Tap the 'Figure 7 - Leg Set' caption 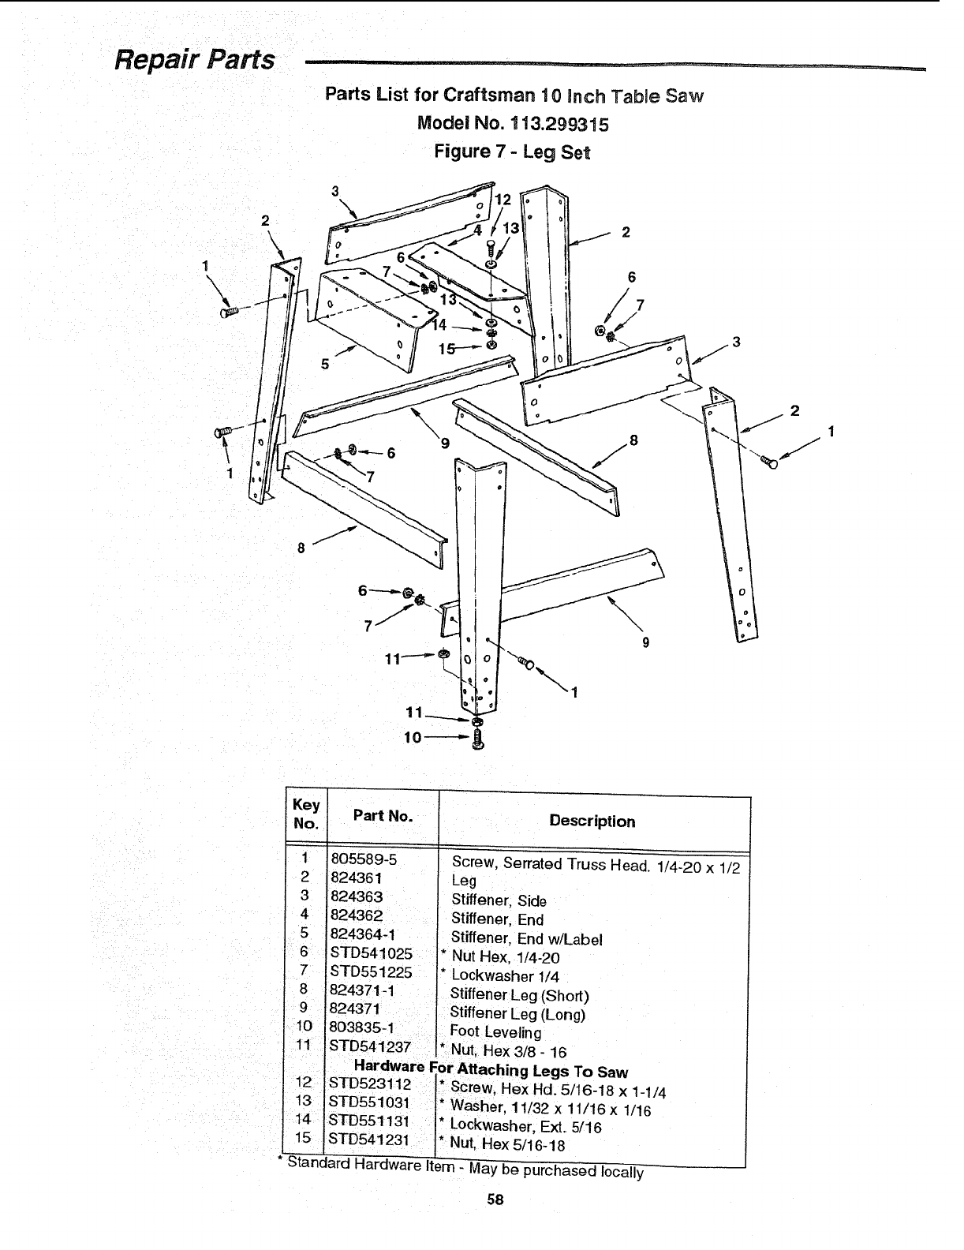click(513, 151)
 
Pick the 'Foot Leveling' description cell click(495, 1031)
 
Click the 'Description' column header click(592, 821)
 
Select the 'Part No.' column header click(383, 816)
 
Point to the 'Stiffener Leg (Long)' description click(517, 1013)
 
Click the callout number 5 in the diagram click(324, 365)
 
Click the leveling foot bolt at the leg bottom click(476, 740)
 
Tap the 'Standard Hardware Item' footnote click(461, 1168)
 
